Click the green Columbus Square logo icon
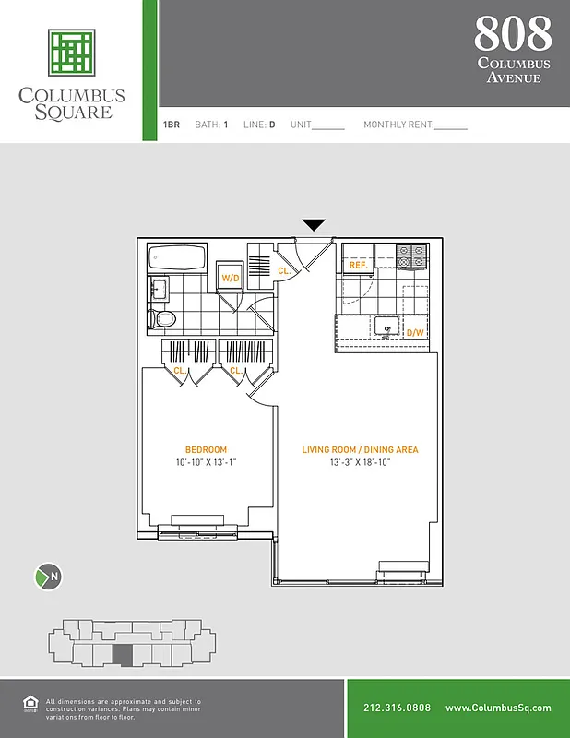72,53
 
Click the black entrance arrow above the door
315,225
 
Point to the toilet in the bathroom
163,319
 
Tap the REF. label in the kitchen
358,266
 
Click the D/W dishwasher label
415,332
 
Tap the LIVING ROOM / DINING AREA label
360,450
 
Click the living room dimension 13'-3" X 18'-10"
360,462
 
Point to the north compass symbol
48,577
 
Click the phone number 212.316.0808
397,708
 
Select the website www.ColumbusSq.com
498,708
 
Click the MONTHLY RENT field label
398,125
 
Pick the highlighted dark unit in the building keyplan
122,654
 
